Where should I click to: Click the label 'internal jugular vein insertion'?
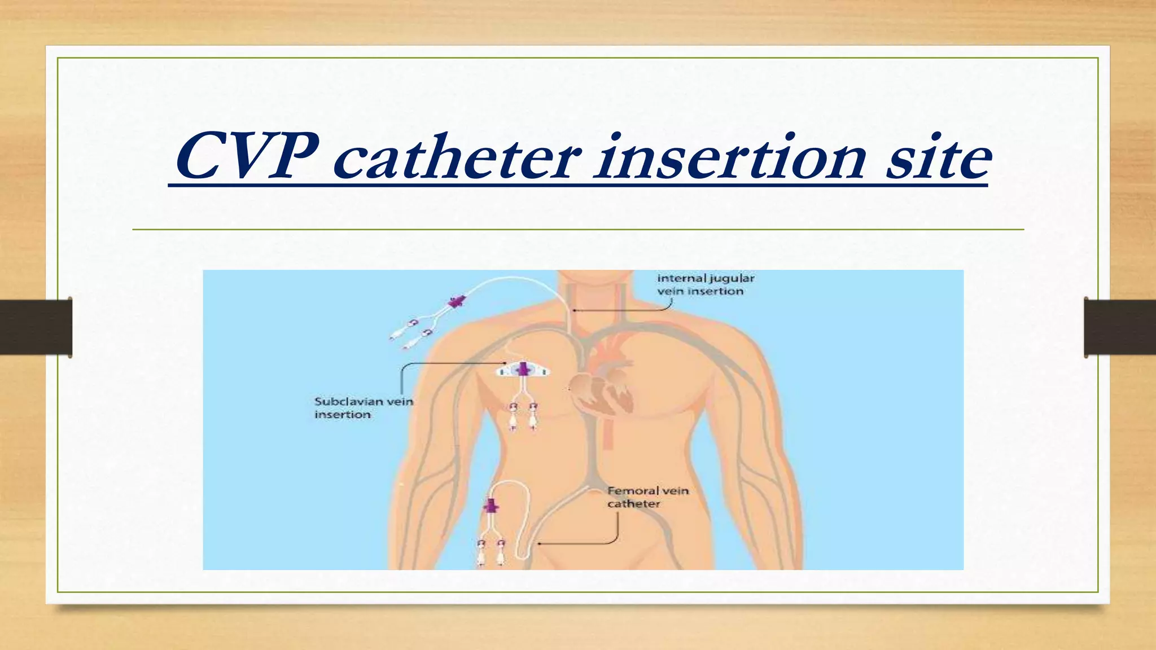(705, 284)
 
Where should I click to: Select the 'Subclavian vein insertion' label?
(364, 407)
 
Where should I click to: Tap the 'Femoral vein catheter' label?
(648, 497)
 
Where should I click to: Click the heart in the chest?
(601, 389)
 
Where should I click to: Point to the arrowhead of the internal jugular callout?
(573, 310)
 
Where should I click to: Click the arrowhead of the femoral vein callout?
(539, 544)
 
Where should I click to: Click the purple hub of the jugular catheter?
(456, 302)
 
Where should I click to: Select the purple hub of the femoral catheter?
(491, 506)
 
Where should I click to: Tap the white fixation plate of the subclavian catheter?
(523, 371)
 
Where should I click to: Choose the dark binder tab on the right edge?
(1120, 327)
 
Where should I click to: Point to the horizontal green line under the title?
(578, 230)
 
